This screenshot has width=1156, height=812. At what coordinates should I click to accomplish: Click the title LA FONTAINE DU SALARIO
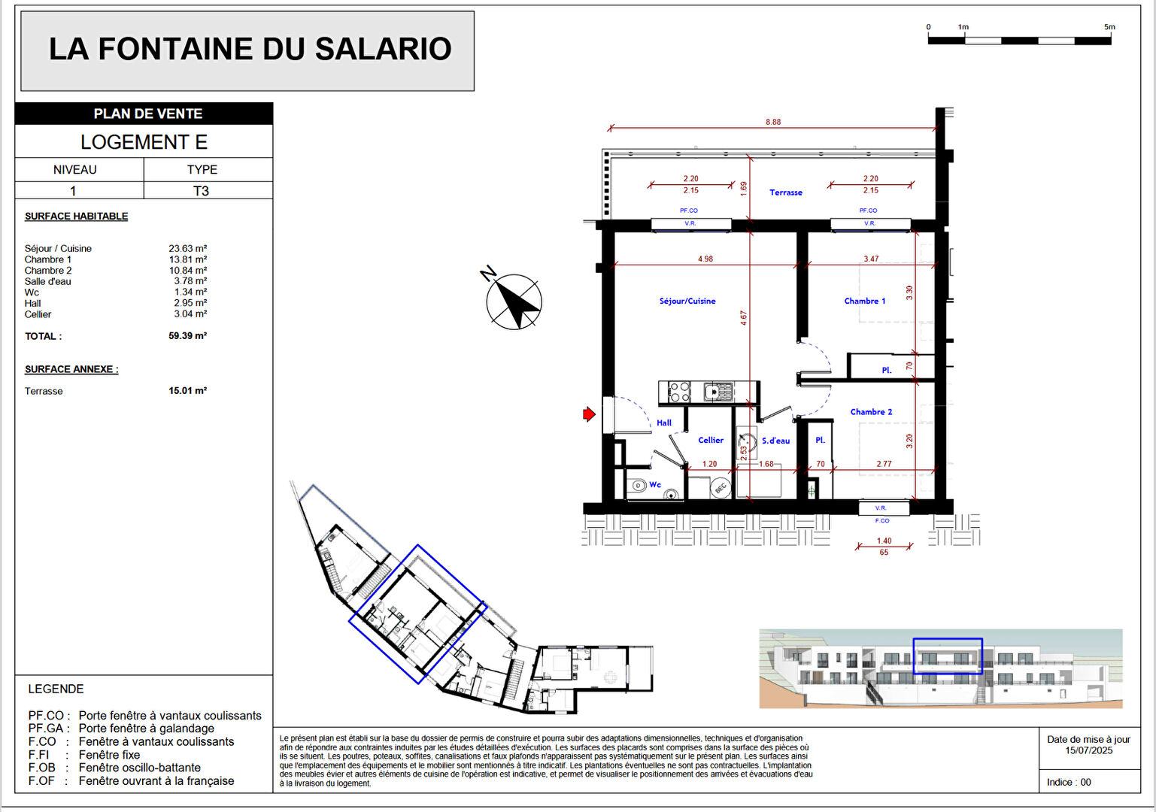pos(250,49)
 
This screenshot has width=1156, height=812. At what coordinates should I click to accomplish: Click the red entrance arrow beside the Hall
pos(590,414)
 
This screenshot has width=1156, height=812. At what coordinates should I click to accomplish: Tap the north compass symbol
pos(514,301)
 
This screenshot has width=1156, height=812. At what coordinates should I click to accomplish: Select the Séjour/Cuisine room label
pos(687,301)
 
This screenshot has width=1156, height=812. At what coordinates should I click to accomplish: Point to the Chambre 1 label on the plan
pos(864,301)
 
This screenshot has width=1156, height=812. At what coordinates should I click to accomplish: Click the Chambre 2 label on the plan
pos(871,412)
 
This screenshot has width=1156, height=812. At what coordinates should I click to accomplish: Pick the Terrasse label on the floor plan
pos(785,192)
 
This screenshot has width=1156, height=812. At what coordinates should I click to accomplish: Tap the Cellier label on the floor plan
pos(710,441)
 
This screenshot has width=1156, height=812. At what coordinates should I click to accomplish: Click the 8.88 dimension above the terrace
pos(773,122)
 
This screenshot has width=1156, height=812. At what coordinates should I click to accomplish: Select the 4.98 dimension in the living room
pos(705,259)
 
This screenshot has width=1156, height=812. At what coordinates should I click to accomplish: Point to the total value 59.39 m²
pos(187,336)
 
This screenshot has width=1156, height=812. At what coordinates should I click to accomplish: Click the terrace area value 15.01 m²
pos(187,391)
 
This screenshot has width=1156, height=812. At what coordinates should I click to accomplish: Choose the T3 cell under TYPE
pos(201,191)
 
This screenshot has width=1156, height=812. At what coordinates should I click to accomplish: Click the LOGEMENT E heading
pos(144,142)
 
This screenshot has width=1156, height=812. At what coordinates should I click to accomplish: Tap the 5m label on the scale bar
pos(1109,27)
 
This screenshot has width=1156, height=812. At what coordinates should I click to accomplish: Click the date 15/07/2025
pos(1088,750)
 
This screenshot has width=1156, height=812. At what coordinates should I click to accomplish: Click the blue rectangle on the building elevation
pos(947,656)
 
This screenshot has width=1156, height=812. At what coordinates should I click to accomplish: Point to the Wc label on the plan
pos(655,485)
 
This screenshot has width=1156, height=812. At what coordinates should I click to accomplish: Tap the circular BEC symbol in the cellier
pos(720,489)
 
